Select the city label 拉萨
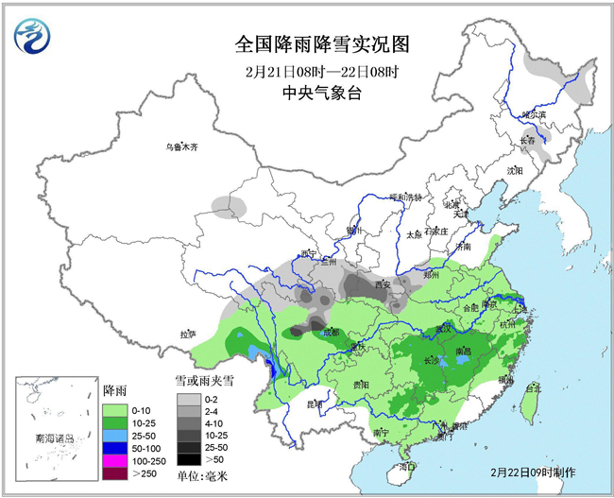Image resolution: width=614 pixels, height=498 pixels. (x=188, y=334)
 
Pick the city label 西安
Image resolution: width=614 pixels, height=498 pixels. (x=383, y=283)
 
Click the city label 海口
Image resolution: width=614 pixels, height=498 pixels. (x=407, y=466)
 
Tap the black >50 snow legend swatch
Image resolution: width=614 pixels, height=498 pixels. (x=188, y=457)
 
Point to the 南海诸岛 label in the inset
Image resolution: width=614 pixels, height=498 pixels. (x=52, y=439)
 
